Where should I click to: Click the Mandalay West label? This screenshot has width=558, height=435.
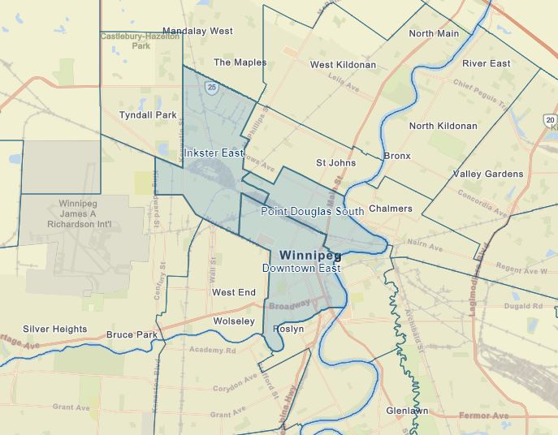(199, 31)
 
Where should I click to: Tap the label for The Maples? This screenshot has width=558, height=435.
(240, 62)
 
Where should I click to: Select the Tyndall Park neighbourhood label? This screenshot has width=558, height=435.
(147, 115)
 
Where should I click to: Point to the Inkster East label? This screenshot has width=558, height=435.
(214, 153)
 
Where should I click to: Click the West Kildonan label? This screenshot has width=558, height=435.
(343, 65)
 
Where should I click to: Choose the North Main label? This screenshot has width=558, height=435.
(433, 34)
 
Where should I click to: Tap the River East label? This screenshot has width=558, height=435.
(486, 63)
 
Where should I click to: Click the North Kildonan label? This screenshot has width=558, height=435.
(443, 127)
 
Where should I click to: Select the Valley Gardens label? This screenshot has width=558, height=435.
(487, 174)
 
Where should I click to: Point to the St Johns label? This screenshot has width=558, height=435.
(335, 163)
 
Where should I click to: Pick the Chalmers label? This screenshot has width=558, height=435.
(390, 209)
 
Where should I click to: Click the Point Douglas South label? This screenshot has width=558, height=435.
(312, 211)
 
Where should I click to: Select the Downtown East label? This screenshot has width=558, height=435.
(299, 268)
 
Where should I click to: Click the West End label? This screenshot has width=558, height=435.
(233, 293)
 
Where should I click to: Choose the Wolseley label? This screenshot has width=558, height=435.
(233, 321)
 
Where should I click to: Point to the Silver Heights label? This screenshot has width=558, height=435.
(54, 329)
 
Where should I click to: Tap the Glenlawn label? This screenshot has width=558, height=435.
(406, 411)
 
